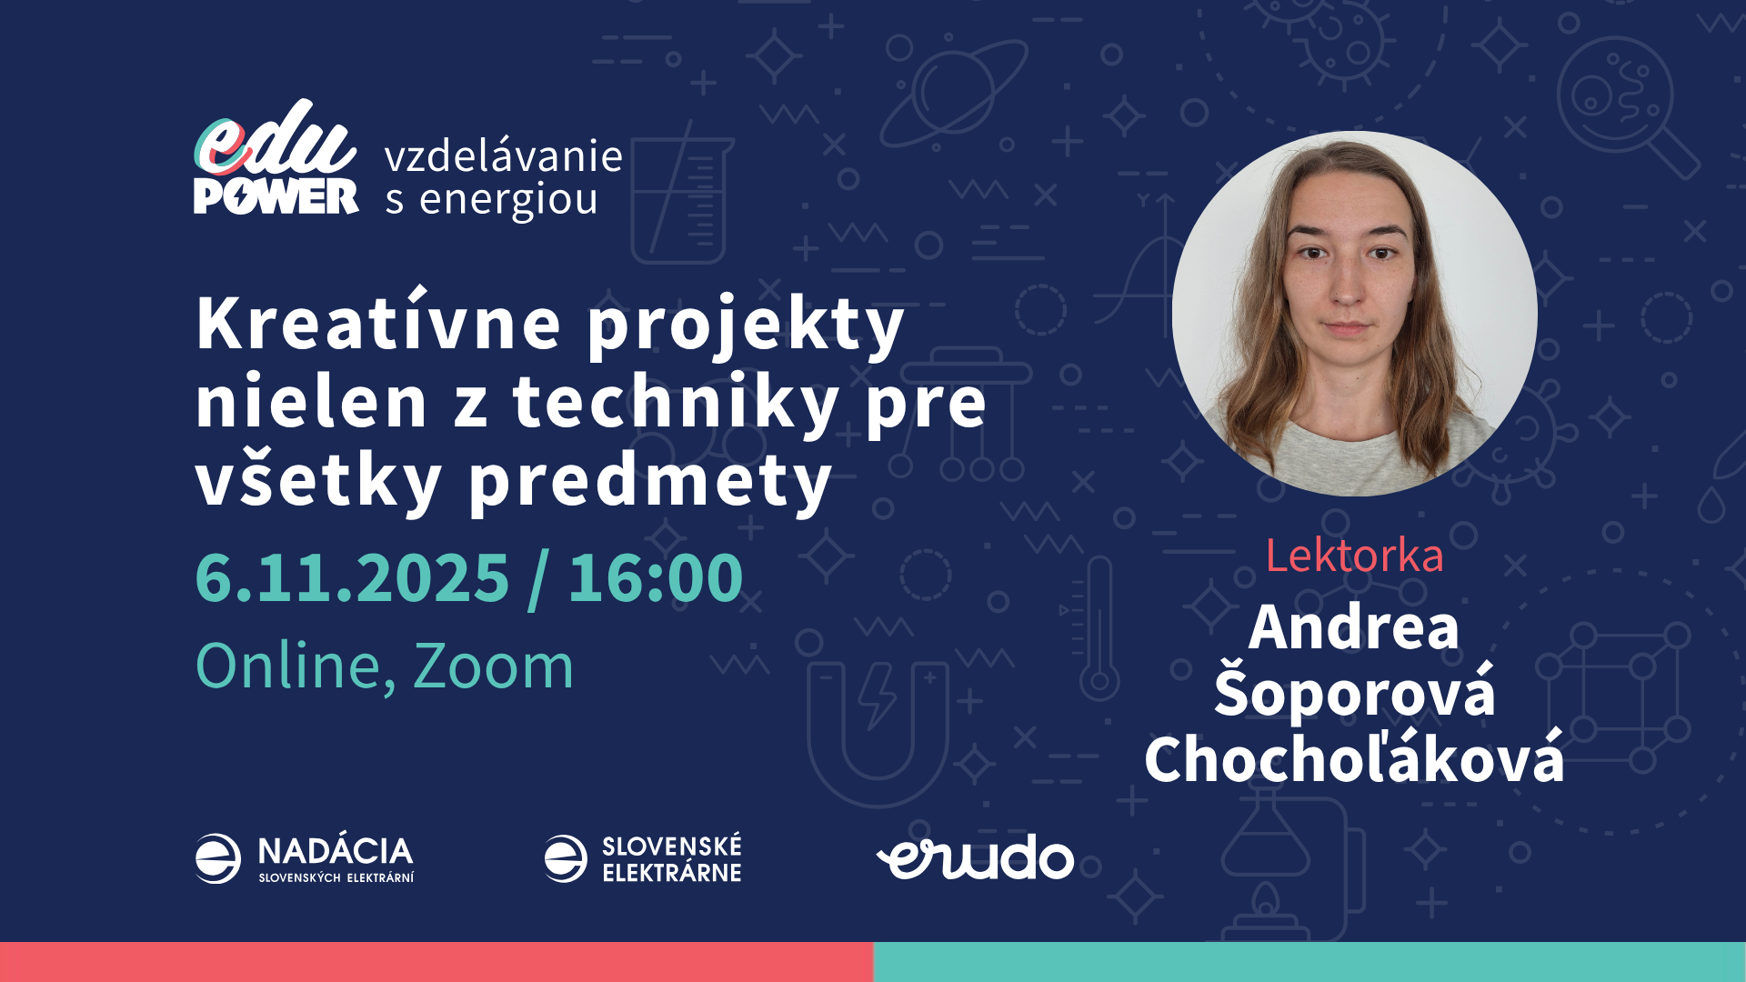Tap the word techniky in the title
[676, 403]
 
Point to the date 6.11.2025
[352, 578]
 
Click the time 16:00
[655, 578]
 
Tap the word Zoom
[493, 666]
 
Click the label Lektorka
[1354, 556]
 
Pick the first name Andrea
[1354, 627]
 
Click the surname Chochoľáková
[1354, 759]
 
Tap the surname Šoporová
[1354, 693]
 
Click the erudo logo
[975, 858]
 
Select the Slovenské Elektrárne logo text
[671, 859]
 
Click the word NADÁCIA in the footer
[335, 851]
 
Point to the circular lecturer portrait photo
[1354, 314]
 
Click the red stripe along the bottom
[436, 962]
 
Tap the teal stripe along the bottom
[1309, 962]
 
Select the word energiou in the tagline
[507, 200]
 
